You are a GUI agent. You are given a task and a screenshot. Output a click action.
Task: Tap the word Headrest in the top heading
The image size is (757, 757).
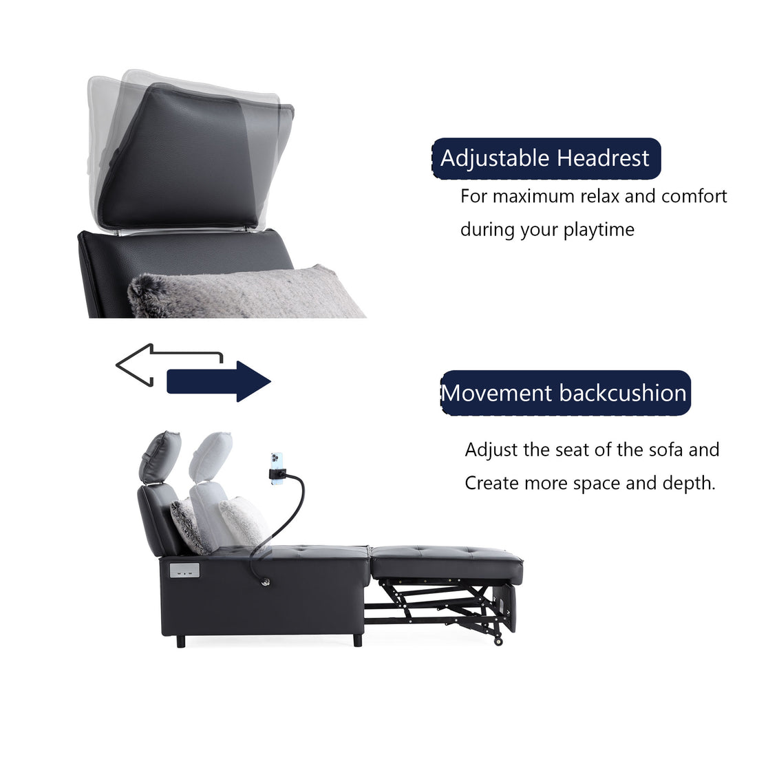click(603, 158)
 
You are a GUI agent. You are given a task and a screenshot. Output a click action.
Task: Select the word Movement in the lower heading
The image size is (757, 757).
click(497, 393)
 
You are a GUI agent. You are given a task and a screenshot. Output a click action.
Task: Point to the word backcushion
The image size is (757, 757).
click(623, 393)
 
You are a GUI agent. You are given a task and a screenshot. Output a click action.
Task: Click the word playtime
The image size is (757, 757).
click(599, 230)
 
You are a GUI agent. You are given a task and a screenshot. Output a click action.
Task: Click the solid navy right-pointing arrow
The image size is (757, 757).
click(218, 381)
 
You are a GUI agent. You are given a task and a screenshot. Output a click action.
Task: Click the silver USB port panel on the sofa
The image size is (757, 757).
click(184, 571)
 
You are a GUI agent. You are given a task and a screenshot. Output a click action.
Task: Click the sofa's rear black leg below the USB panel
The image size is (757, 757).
click(180, 641)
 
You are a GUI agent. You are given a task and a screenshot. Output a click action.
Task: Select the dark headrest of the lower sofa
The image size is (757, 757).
click(159, 456)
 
